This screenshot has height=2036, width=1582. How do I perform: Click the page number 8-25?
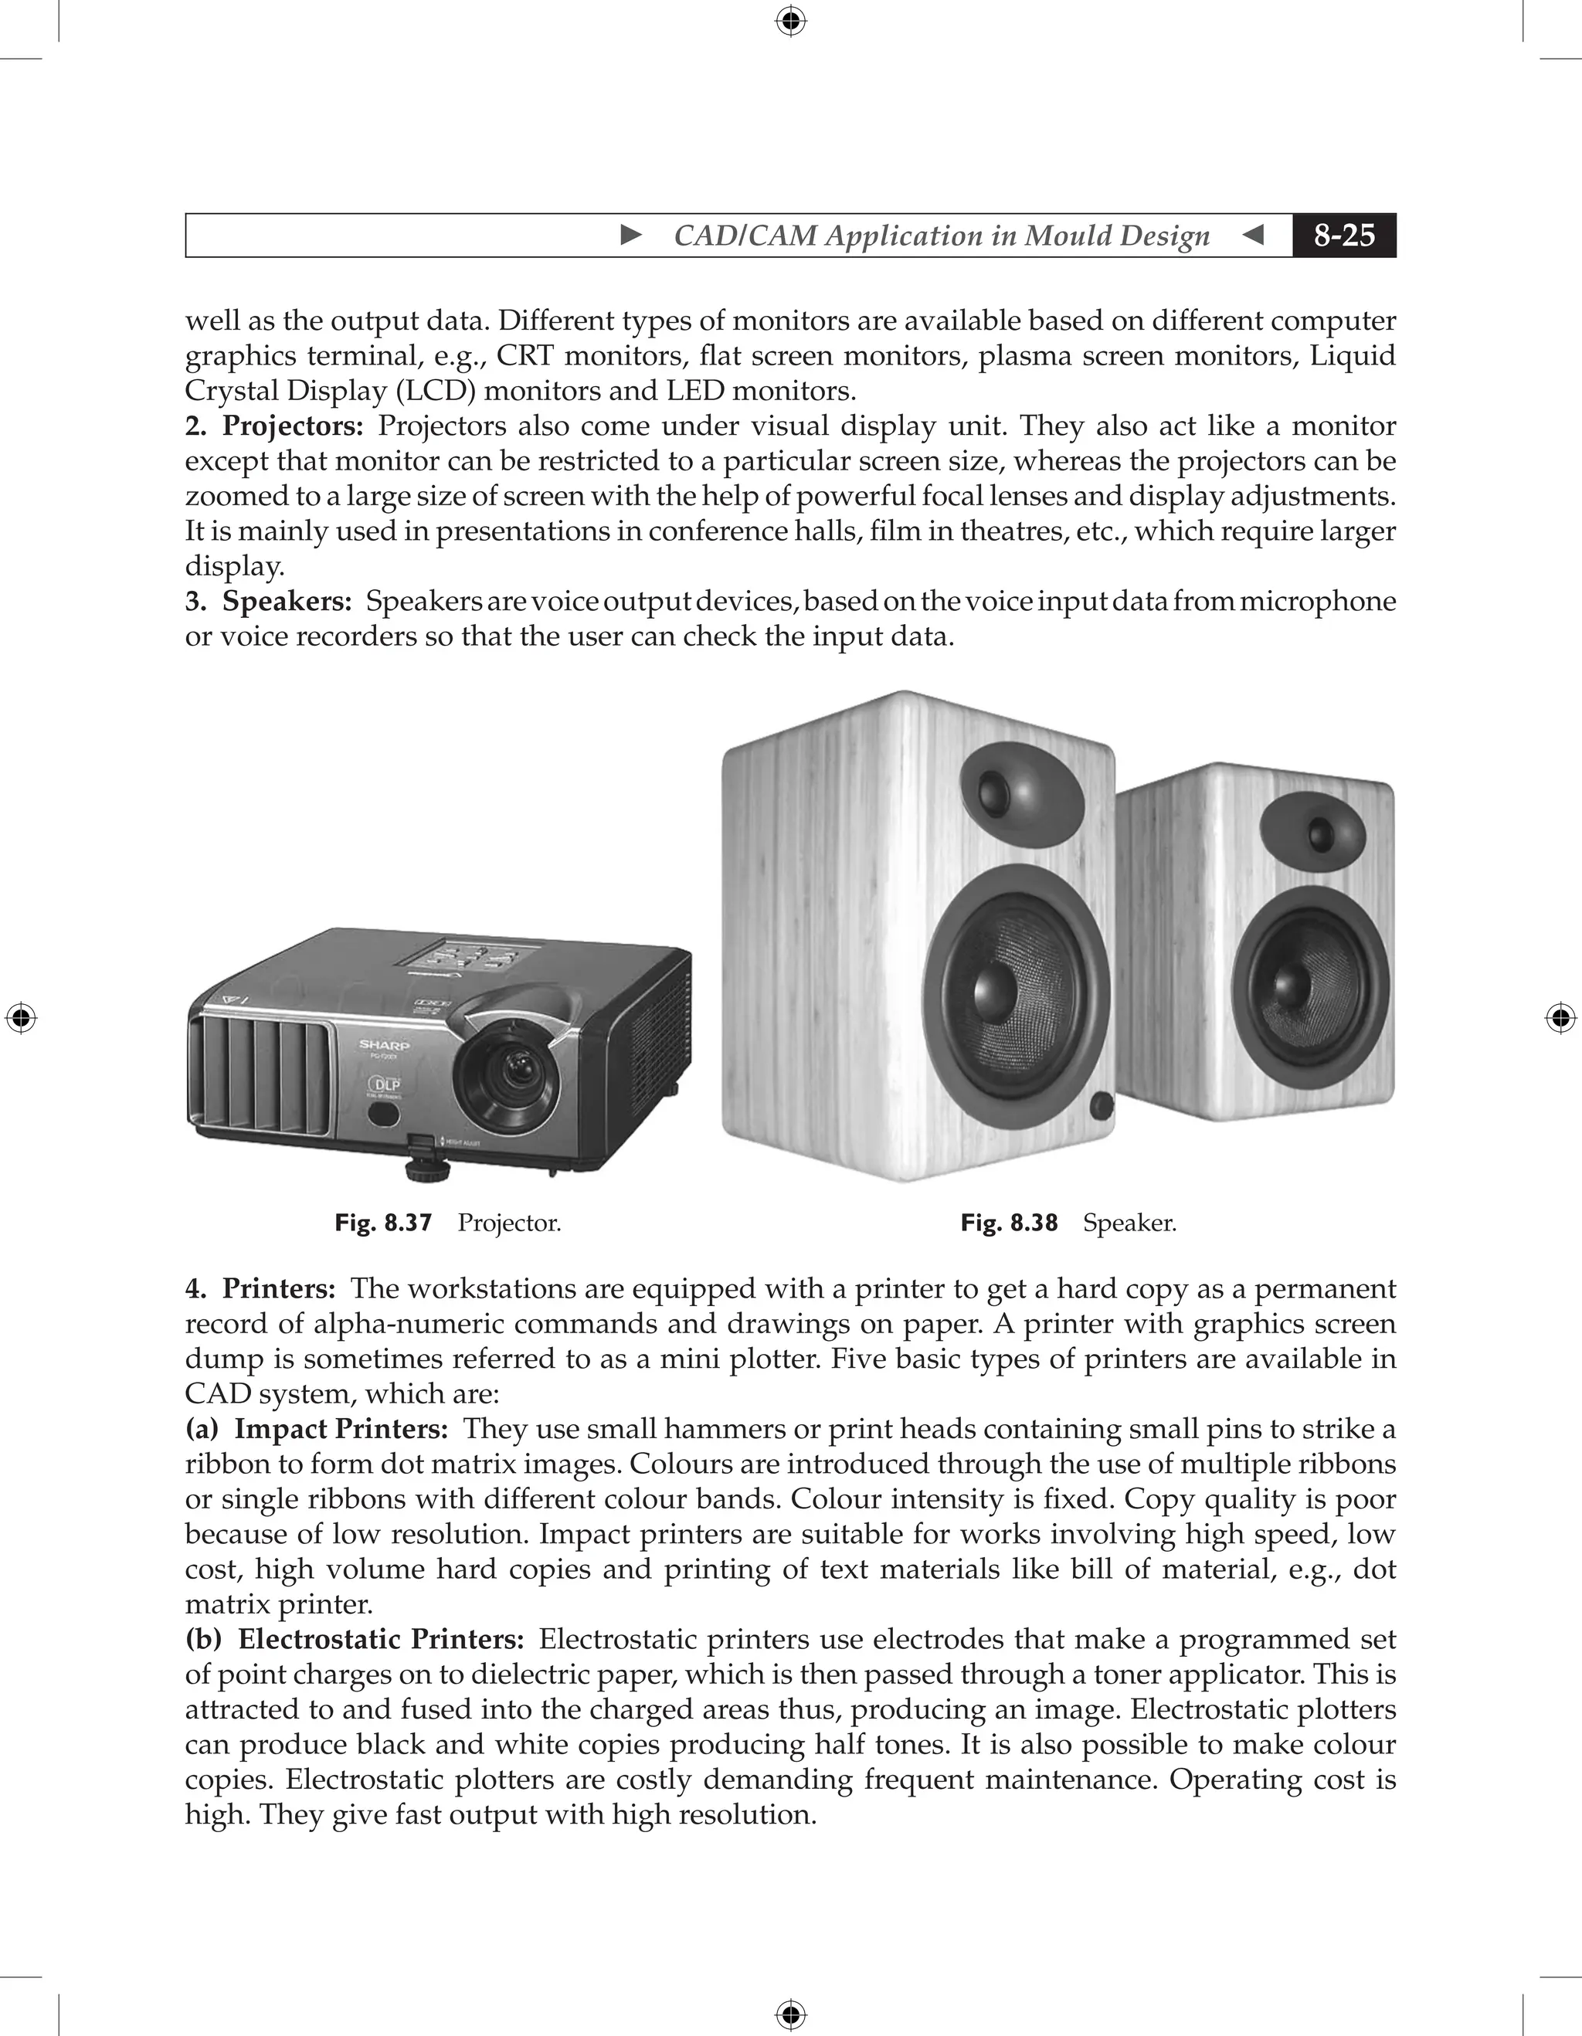tap(1343, 235)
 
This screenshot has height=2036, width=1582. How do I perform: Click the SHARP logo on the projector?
tap(384, 1045)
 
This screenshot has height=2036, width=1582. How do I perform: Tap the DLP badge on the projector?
tap(386, 1085)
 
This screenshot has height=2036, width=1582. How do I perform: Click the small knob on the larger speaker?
tap(1101, 1107)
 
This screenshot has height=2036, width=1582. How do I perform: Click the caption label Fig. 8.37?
tap(383, 1222)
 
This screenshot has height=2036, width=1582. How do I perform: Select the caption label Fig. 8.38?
tap(1009, 1222)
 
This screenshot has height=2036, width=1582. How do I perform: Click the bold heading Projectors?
tap(293, 426)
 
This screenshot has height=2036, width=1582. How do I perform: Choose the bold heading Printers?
tap(279, 1288)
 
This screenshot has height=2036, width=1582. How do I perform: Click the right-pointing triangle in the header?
tap(631, 235)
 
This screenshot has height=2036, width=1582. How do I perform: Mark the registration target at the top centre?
tap(790, 21)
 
